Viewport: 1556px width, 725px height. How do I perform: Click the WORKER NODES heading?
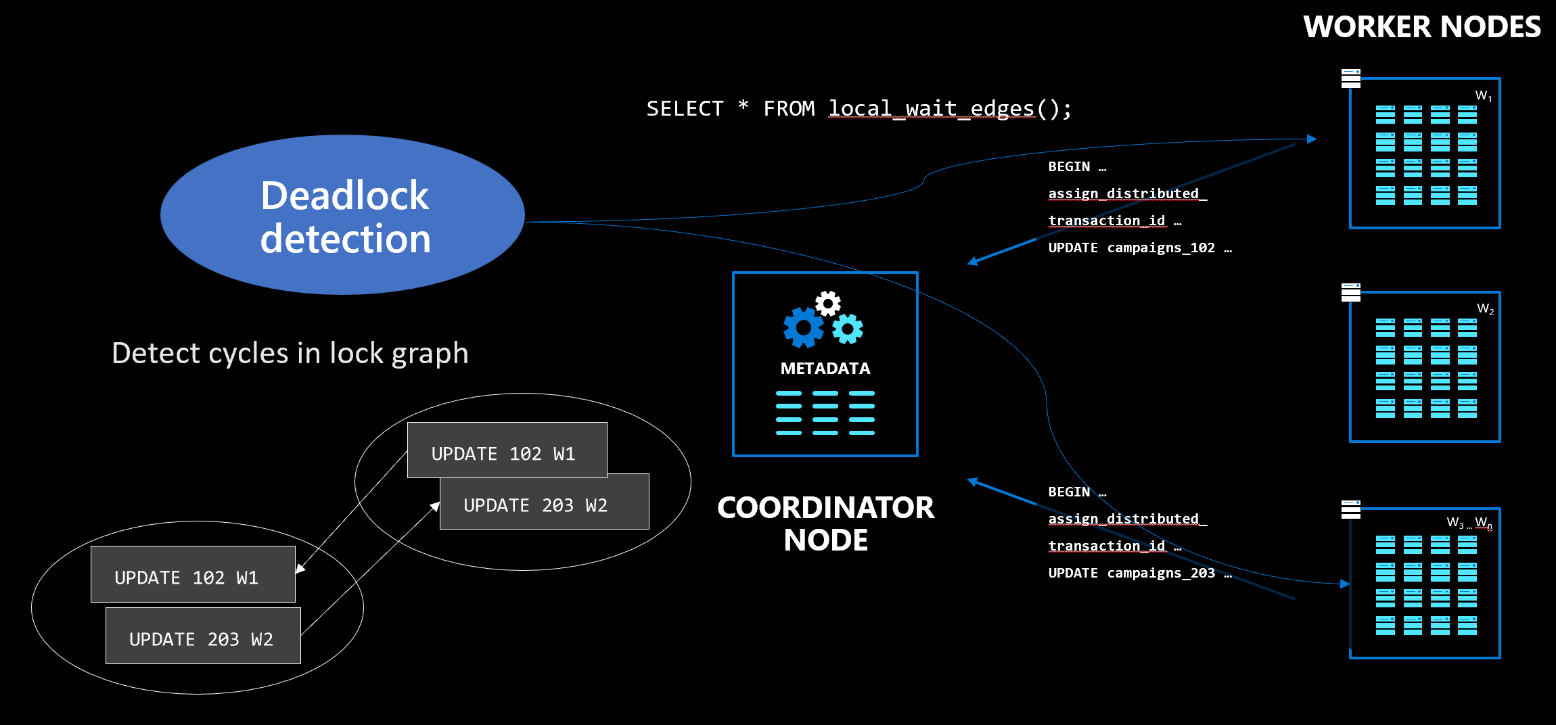coord(1421,27)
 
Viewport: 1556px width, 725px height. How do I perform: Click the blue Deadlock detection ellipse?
coord(343,215)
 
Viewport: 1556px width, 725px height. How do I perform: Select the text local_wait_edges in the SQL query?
coord(932,109)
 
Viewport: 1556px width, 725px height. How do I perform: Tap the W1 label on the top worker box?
coord(1483,96)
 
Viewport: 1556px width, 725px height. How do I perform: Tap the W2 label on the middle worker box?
coord(1485,309)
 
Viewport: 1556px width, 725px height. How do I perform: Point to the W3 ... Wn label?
coord(1469,522)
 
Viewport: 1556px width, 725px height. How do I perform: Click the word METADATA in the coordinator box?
coord(825,369)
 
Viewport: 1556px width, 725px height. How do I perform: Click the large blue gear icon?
coord(803,328)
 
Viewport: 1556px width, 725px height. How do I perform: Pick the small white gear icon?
coord(827,304)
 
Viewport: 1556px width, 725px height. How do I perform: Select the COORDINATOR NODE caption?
coord(825,524)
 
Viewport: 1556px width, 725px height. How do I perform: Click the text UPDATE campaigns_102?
coord(1131,248)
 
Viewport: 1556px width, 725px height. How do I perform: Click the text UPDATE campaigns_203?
coord(1131,574)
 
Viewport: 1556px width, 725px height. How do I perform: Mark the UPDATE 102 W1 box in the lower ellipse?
coord(193,574)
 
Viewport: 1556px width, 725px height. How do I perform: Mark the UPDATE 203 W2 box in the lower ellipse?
coord(203,636)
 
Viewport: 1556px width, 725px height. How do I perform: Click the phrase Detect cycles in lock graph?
coord(290,353)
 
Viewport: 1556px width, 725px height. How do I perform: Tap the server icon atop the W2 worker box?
coord(1350,292)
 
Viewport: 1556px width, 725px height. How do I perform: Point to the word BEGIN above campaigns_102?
coord(1069,167)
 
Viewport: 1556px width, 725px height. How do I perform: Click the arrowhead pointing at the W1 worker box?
coord(1311,139)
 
